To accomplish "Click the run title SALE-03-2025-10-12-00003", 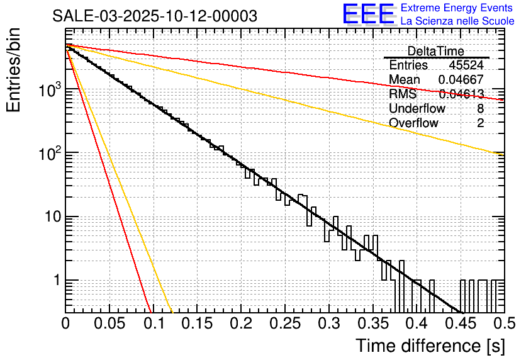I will (155, 16).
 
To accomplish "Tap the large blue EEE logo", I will (368, 14).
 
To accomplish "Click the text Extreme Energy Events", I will (457, 8).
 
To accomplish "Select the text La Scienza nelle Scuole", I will (457, 21).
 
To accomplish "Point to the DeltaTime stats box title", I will (435, 51).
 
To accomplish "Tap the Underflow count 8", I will (480, 108).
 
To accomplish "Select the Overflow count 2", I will (480, 123).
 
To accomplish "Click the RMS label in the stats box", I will (402, 94).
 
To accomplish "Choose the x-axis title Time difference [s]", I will (429, 346).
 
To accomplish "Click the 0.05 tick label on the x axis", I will (109, 323).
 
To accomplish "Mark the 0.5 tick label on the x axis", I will (503, 323).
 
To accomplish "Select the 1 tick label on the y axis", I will (55, 280).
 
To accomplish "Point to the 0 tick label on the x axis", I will (65, 323).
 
